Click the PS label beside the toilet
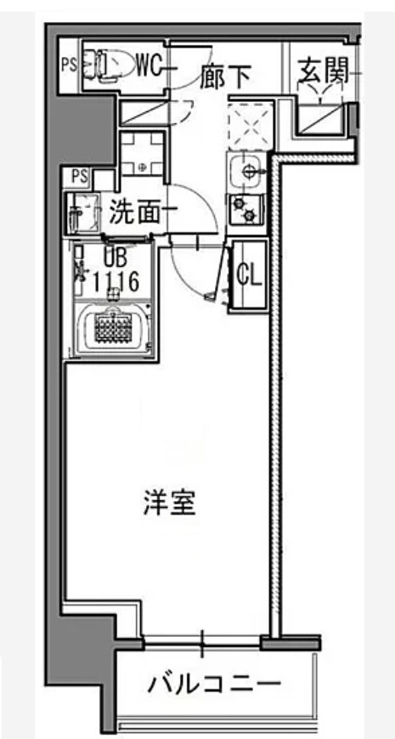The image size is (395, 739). (69, 64)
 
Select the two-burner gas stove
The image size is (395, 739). (246, 208)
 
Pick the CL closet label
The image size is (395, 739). (249, 274)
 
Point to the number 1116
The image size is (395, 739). (112, 283)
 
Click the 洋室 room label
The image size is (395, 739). (169, 504)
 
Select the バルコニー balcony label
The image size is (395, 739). (213, 685)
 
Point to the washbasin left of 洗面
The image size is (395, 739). (84, 212)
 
